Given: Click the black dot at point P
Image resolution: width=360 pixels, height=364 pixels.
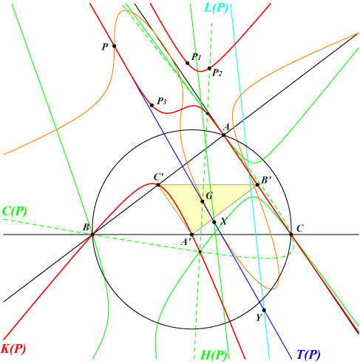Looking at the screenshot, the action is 114,46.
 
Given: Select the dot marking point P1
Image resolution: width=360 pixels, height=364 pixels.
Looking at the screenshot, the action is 188,63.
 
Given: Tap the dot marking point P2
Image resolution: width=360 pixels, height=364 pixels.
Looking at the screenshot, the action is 209,68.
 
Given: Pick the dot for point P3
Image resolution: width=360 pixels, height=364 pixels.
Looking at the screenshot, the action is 152,105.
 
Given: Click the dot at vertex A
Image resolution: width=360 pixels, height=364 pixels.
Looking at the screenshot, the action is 224,135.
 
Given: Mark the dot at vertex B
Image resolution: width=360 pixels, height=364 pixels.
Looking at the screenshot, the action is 92,235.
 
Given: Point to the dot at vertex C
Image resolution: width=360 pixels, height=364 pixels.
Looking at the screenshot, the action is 291,235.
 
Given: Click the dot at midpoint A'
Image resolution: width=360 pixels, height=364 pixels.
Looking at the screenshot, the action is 191,235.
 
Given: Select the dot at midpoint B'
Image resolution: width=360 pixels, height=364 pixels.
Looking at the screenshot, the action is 257,185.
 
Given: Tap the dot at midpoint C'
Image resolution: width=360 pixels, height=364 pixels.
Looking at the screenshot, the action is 158,185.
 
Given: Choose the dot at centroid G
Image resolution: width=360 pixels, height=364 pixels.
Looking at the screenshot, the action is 203,201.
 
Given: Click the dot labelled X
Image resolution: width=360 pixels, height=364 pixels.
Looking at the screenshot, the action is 214,222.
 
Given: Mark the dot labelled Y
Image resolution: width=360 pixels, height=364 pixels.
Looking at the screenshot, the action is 264,310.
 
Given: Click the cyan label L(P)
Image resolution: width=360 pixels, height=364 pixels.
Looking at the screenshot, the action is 216,8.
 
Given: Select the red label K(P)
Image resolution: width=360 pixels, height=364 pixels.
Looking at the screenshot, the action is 13,348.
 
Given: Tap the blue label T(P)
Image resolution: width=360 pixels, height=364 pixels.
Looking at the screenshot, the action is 309,354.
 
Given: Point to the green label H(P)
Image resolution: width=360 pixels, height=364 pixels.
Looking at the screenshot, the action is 214,355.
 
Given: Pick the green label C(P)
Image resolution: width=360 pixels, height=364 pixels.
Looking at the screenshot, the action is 15,212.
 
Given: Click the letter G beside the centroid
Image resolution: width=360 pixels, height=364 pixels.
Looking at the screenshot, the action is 209,196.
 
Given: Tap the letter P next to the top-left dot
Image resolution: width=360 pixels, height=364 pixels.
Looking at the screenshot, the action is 105,47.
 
